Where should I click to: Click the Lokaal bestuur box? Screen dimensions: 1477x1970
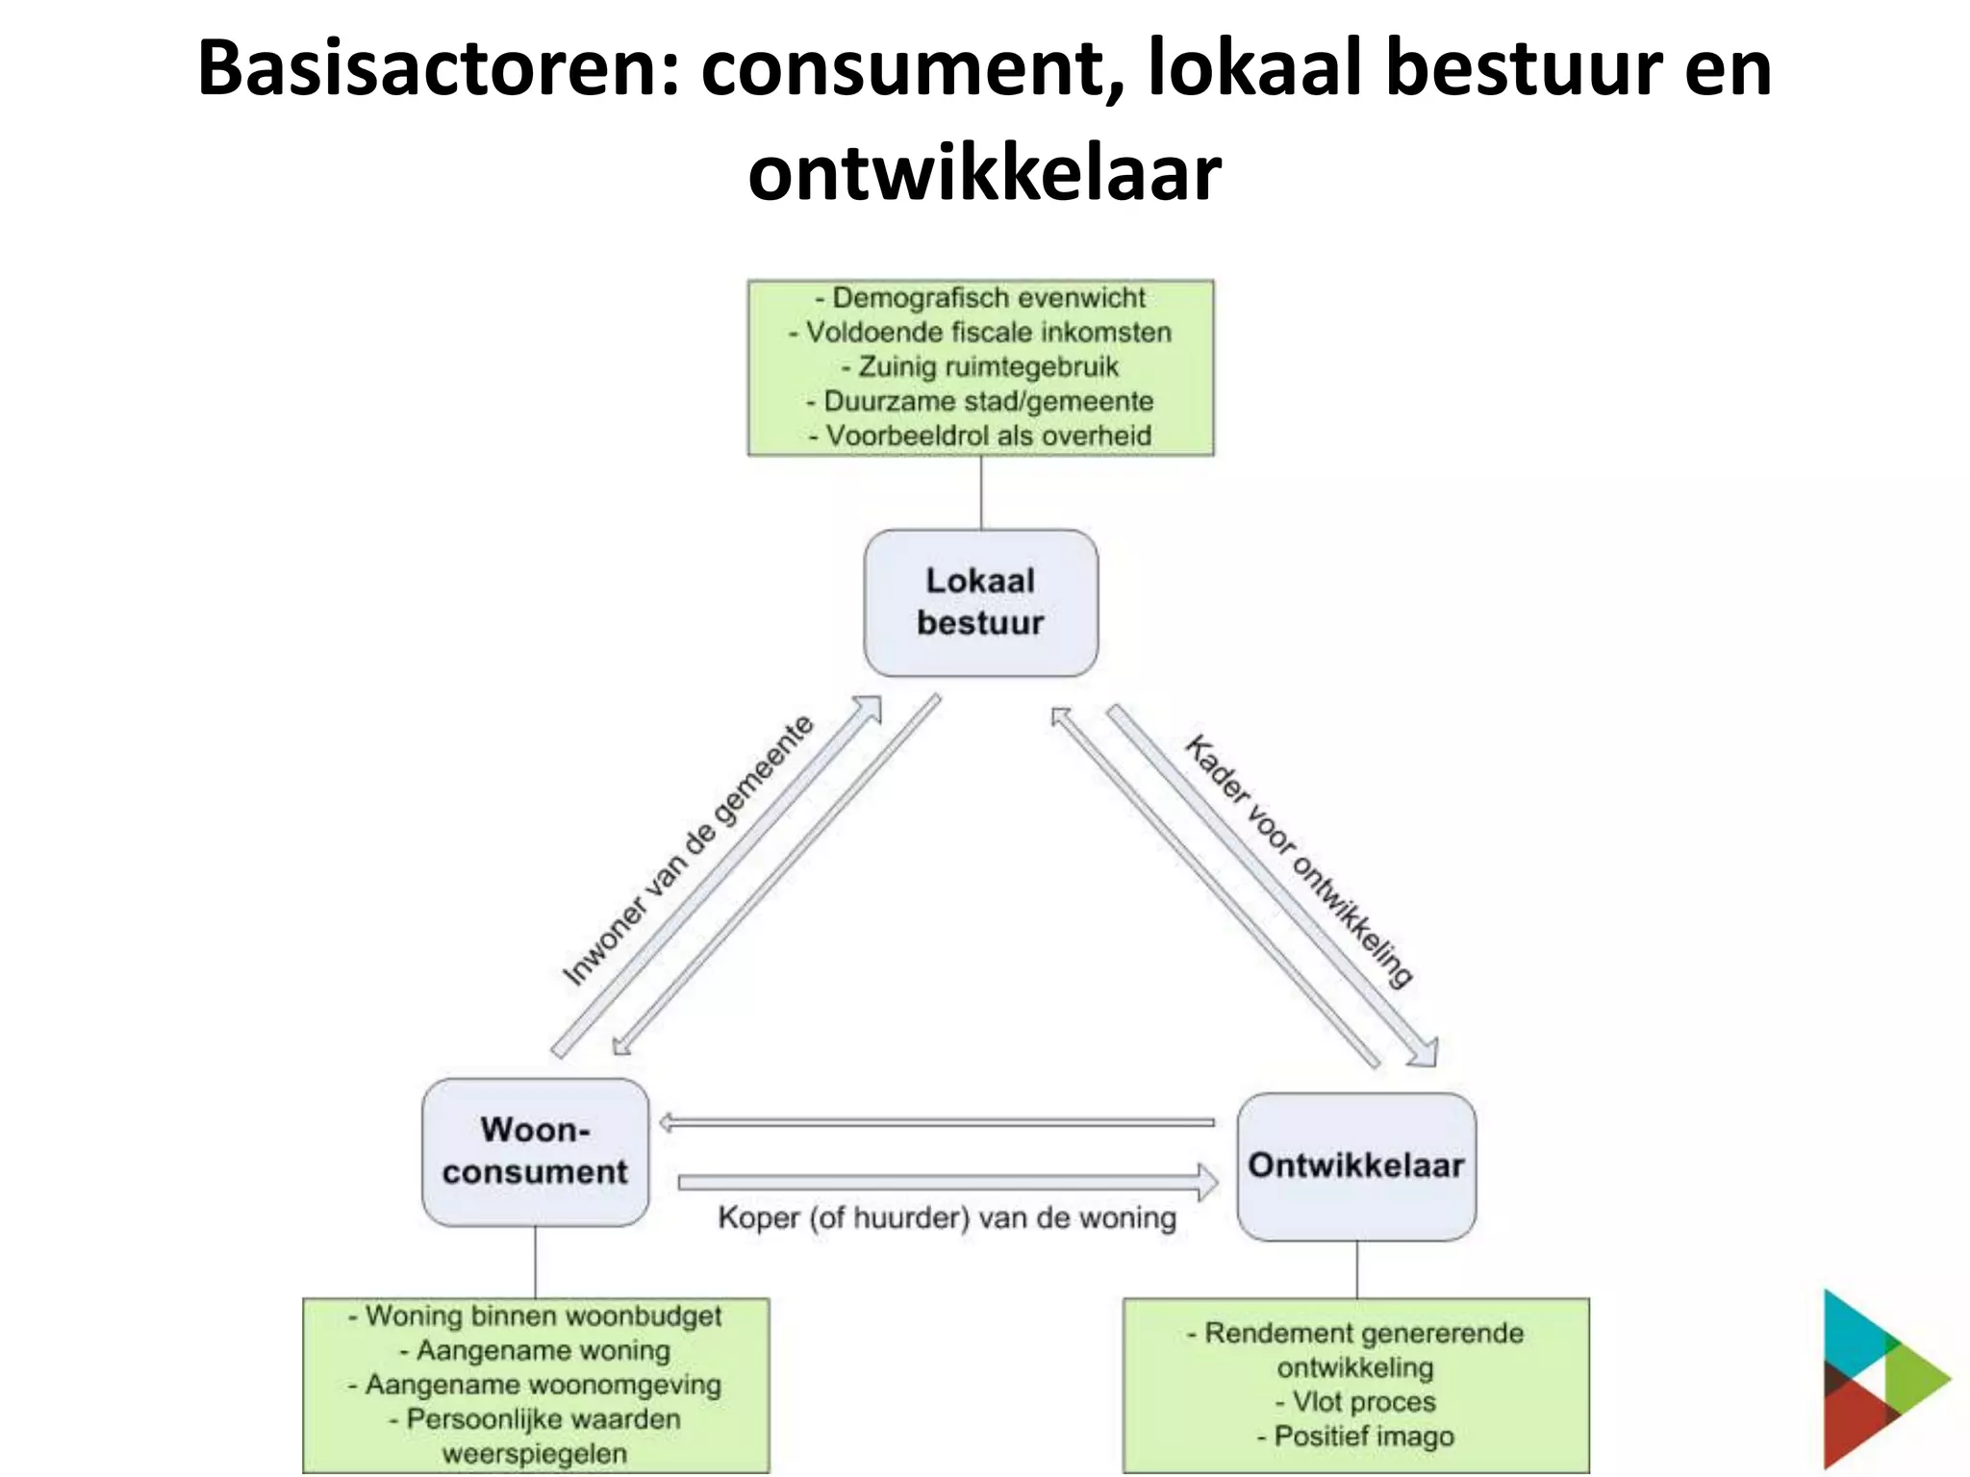[980, 602]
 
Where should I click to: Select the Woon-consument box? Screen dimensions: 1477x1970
[535, 1151]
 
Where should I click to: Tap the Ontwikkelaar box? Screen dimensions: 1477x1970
[1355, 1165]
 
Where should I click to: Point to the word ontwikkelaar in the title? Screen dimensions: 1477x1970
[984, 175]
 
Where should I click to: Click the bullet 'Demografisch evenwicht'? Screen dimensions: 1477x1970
[980, 298]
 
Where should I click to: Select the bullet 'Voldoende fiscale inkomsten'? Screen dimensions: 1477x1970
[980, 333]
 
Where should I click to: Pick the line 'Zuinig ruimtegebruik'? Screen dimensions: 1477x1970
[980, 367]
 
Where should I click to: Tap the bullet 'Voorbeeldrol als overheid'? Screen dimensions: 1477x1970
[980, 436]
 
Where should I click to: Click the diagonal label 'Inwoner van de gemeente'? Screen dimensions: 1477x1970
[687, 851]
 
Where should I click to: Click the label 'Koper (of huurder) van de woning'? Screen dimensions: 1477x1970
[947, 1218]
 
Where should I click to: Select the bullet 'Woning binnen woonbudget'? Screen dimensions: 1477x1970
[535, 1315]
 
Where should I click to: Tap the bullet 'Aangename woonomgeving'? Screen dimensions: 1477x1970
[535, 1385]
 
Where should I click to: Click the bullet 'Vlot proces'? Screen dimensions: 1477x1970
[1355, 1402]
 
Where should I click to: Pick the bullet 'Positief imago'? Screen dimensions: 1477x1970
[1355, 1437]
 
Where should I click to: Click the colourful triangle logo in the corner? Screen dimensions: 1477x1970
[1881, 1380]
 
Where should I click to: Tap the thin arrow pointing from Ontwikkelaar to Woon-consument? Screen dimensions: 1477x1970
[938, 1122]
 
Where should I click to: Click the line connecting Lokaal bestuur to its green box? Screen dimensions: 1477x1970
[981, 492]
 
